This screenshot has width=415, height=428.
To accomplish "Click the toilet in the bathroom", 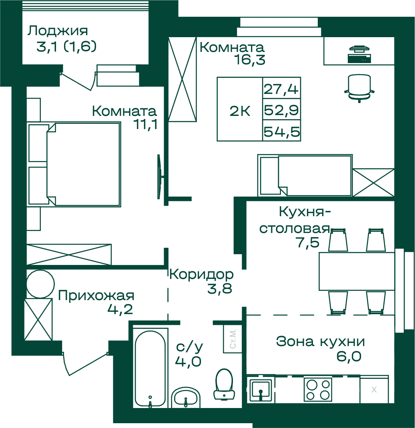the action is tap(224, 384).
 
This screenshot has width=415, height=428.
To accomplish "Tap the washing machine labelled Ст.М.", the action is tap(233, 339).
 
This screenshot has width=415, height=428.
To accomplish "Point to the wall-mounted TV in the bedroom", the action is tap(160, 177).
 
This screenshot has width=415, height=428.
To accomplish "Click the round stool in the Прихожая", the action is tap(40, 284).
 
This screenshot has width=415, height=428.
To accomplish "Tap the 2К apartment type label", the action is tap(240, 111).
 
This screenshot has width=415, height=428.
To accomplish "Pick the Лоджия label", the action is tap(58, 31).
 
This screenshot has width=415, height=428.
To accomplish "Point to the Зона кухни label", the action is tap(321, 341).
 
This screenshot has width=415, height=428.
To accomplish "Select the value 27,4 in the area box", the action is tap(281, 89).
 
